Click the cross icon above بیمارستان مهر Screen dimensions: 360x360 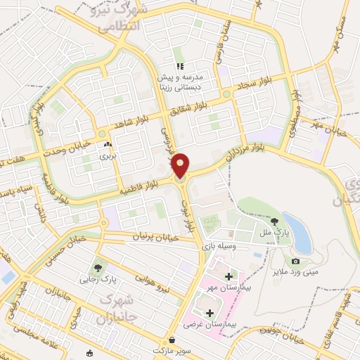click(x=229, y=276)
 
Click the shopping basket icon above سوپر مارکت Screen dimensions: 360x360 click(x=172, y=340)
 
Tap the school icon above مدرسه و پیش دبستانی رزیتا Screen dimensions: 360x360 click(x=180, y=66)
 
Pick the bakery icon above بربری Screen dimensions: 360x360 click(x=108, y=146)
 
